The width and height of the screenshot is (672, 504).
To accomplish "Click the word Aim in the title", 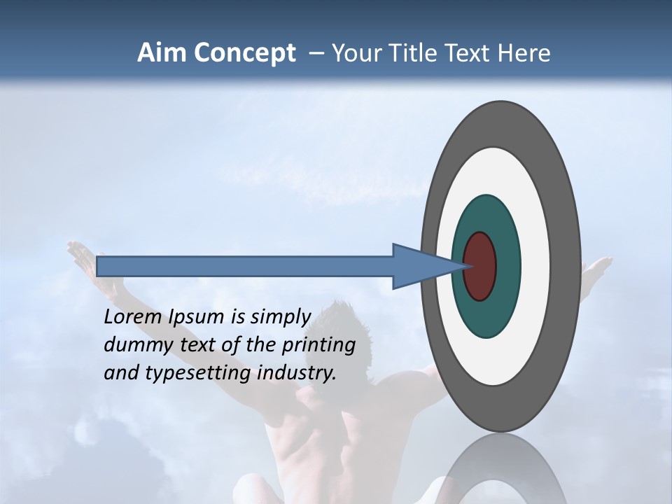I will (160, 53).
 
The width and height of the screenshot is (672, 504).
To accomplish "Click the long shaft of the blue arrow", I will (245, 266).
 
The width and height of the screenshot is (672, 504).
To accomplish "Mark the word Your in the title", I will (354, 53).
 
